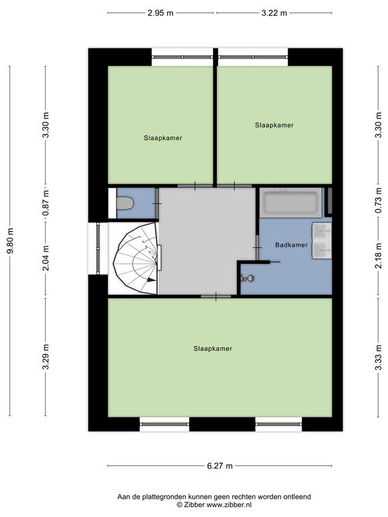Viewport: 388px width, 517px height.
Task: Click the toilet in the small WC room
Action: tap(125, 203)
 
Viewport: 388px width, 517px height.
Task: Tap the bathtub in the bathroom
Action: tap(290, 203)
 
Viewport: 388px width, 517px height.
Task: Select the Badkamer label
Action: tap(291, 245)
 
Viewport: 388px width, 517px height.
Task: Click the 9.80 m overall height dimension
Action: tap(10, 241)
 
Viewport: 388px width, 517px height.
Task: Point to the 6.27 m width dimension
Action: tap(220, 466)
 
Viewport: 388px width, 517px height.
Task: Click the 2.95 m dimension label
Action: tap(160, 13)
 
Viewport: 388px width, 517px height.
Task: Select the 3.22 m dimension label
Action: tap(274, 13)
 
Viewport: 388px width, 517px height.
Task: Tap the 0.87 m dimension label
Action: tap(46, 203)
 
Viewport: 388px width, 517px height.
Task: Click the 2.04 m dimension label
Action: tap(46, 258)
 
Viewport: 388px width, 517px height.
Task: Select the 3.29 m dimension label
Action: tap(46, 357)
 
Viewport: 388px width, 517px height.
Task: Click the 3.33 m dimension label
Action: tap(379, 357)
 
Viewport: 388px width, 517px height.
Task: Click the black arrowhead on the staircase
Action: tap(151, 280)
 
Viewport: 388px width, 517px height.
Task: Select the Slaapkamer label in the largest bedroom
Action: tap(213, 349)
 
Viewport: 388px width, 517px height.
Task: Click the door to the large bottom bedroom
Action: tap(216, 296)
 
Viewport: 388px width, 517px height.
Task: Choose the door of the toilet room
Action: tap(158, 203)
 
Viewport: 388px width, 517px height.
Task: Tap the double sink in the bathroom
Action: tap(322, 240)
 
